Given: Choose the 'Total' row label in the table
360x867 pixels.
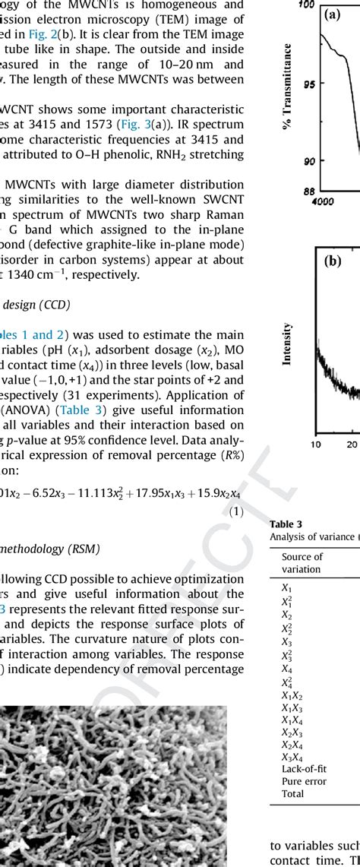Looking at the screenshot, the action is point(292,794).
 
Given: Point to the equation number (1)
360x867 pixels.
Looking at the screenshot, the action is point(236,512).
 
